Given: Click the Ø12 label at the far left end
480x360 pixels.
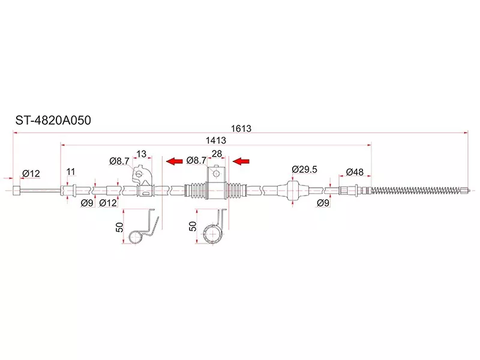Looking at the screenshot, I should [x=31, y=173].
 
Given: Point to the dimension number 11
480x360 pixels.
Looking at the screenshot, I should [x=71, y=172].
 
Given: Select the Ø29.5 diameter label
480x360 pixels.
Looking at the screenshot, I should [x=304, y=170].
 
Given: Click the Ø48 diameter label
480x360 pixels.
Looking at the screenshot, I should [x=355, y=172].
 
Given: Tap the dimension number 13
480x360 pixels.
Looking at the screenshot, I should [x=142, y=154].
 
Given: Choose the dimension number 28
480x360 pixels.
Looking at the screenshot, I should [x=217, y=154].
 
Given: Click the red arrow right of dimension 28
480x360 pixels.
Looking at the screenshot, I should [x=241, y=161].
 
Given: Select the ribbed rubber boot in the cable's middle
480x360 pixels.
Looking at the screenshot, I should [x=216, y=190].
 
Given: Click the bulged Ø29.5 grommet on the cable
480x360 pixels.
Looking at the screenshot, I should [x=293, y=190].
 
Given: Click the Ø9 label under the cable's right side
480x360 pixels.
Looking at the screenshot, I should [x=323, y=203].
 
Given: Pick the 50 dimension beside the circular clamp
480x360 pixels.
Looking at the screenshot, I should [x=193, y=226].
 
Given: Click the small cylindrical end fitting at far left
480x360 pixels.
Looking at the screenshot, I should [x=18, y=191].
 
